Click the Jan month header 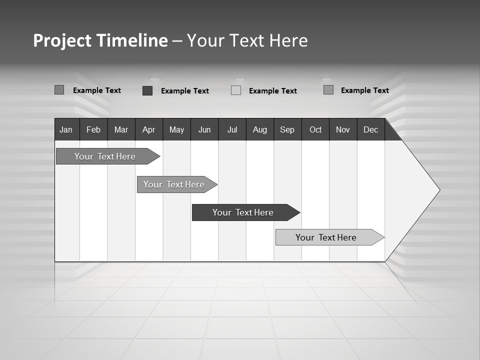(66, 129)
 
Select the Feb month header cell (93, 129)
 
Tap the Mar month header (121, 129)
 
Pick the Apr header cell (149, 129)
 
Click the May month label (176, 129)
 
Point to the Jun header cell (204, 129)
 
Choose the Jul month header (232, 129)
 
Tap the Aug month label (260, 129)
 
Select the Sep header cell (287, 129)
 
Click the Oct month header (315, 129)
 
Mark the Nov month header (343, 129)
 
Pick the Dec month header (371, 129)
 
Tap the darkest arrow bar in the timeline (243, 212)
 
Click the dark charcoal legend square (147, 90)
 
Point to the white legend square (236, 90)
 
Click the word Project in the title (62, 40)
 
